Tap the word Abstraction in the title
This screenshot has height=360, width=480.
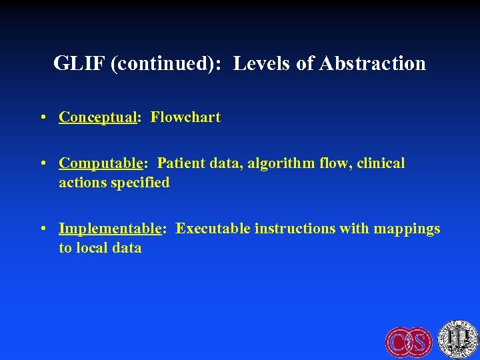373,63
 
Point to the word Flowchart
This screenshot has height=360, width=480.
185,117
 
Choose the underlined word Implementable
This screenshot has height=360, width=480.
111,229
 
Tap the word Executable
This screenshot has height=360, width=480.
212,229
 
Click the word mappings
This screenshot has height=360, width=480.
407,229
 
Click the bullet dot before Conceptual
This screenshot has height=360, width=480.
42,118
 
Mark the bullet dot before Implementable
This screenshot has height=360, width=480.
42,229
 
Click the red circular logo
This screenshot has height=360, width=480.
409,341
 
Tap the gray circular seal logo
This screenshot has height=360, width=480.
458,339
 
